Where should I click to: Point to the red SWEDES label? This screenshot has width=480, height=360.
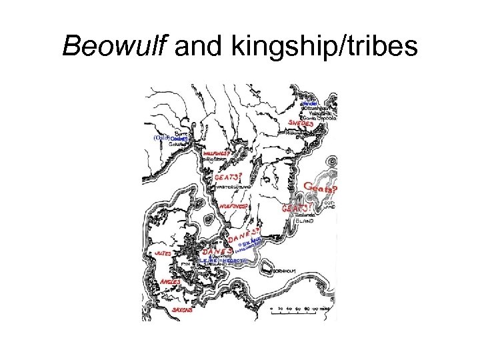tap(301, 123)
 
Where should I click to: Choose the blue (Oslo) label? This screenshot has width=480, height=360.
tap(161, 138)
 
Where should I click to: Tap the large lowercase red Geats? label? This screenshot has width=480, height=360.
tap(320, 188)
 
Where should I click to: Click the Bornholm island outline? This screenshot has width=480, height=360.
tap(267, 268)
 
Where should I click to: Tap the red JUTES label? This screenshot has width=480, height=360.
tap(163, 253)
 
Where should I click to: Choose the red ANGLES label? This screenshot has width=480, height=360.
tap(170, 283)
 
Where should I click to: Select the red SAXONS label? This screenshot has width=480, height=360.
tap(183, 310)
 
